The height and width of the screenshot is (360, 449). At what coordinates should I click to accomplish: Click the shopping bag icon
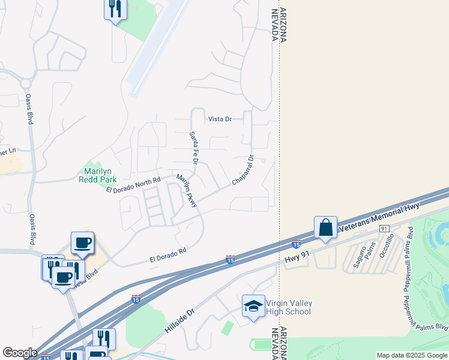pos(325,228)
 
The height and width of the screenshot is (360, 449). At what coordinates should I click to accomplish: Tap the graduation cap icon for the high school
pos(253,307)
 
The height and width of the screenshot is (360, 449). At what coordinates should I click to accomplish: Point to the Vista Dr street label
pos(220,119)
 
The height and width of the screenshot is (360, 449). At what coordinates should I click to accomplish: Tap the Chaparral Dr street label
pos(244,170)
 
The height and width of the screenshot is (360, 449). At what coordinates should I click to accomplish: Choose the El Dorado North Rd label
pos(133,185)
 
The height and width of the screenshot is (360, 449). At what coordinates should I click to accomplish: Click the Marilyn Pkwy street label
pos(186,191)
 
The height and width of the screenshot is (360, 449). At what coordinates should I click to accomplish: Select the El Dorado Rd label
pos(168,254)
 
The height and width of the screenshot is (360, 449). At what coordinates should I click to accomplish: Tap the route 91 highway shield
pos(385,229)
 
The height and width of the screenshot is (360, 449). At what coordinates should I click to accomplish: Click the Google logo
pos(20,353)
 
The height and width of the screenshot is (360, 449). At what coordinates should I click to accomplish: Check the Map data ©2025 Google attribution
pos(412,355)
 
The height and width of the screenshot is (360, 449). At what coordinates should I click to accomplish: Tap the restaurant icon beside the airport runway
pos(115,8)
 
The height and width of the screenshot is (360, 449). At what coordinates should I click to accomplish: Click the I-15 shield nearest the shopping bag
pos(296,244)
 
